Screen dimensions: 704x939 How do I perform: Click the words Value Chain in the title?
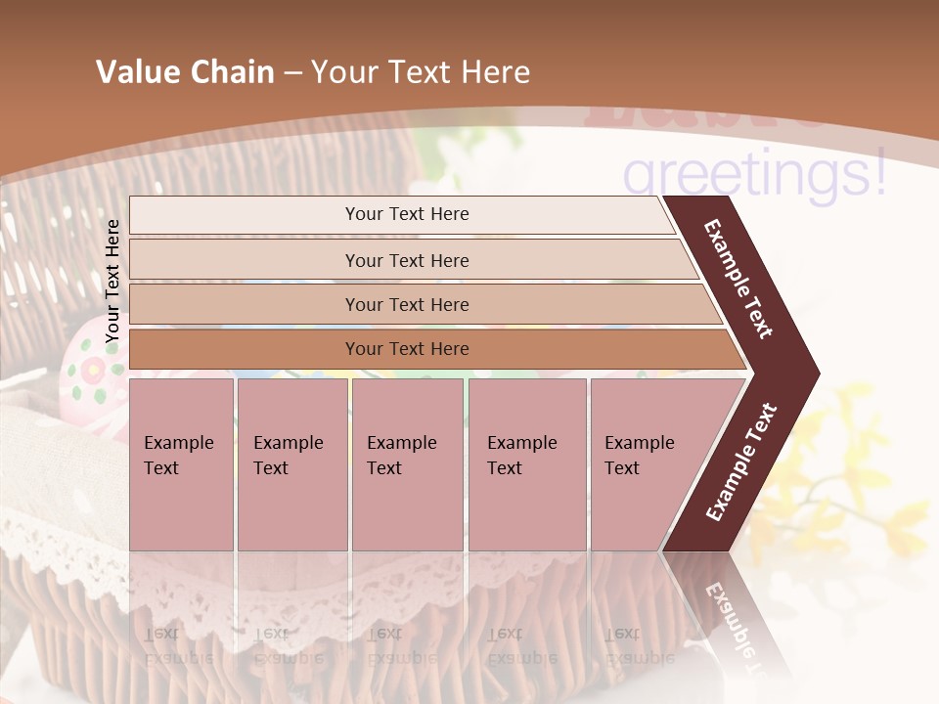(x=185, y=72)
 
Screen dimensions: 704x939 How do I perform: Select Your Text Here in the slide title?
(x=421, y=72)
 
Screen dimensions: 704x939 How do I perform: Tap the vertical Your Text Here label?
(x=112, y=281)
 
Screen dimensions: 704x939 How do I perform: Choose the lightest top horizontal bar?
(x=406, y=214)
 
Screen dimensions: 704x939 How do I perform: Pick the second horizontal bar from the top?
(x=406, y=260)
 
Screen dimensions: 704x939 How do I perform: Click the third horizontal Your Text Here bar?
(x=406, y=304)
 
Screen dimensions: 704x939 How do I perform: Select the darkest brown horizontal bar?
(x=406, y=349)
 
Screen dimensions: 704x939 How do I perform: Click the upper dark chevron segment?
(x=738, y=279)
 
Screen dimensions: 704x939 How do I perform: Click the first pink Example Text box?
(x=181, y=464)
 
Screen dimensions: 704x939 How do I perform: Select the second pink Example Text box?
(x=291, y=464)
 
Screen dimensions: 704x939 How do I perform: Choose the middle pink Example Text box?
(x=407, y=464)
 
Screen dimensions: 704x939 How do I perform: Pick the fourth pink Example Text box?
(x=526, y=464)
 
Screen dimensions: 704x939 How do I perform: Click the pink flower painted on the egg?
(x=91, y=370)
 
